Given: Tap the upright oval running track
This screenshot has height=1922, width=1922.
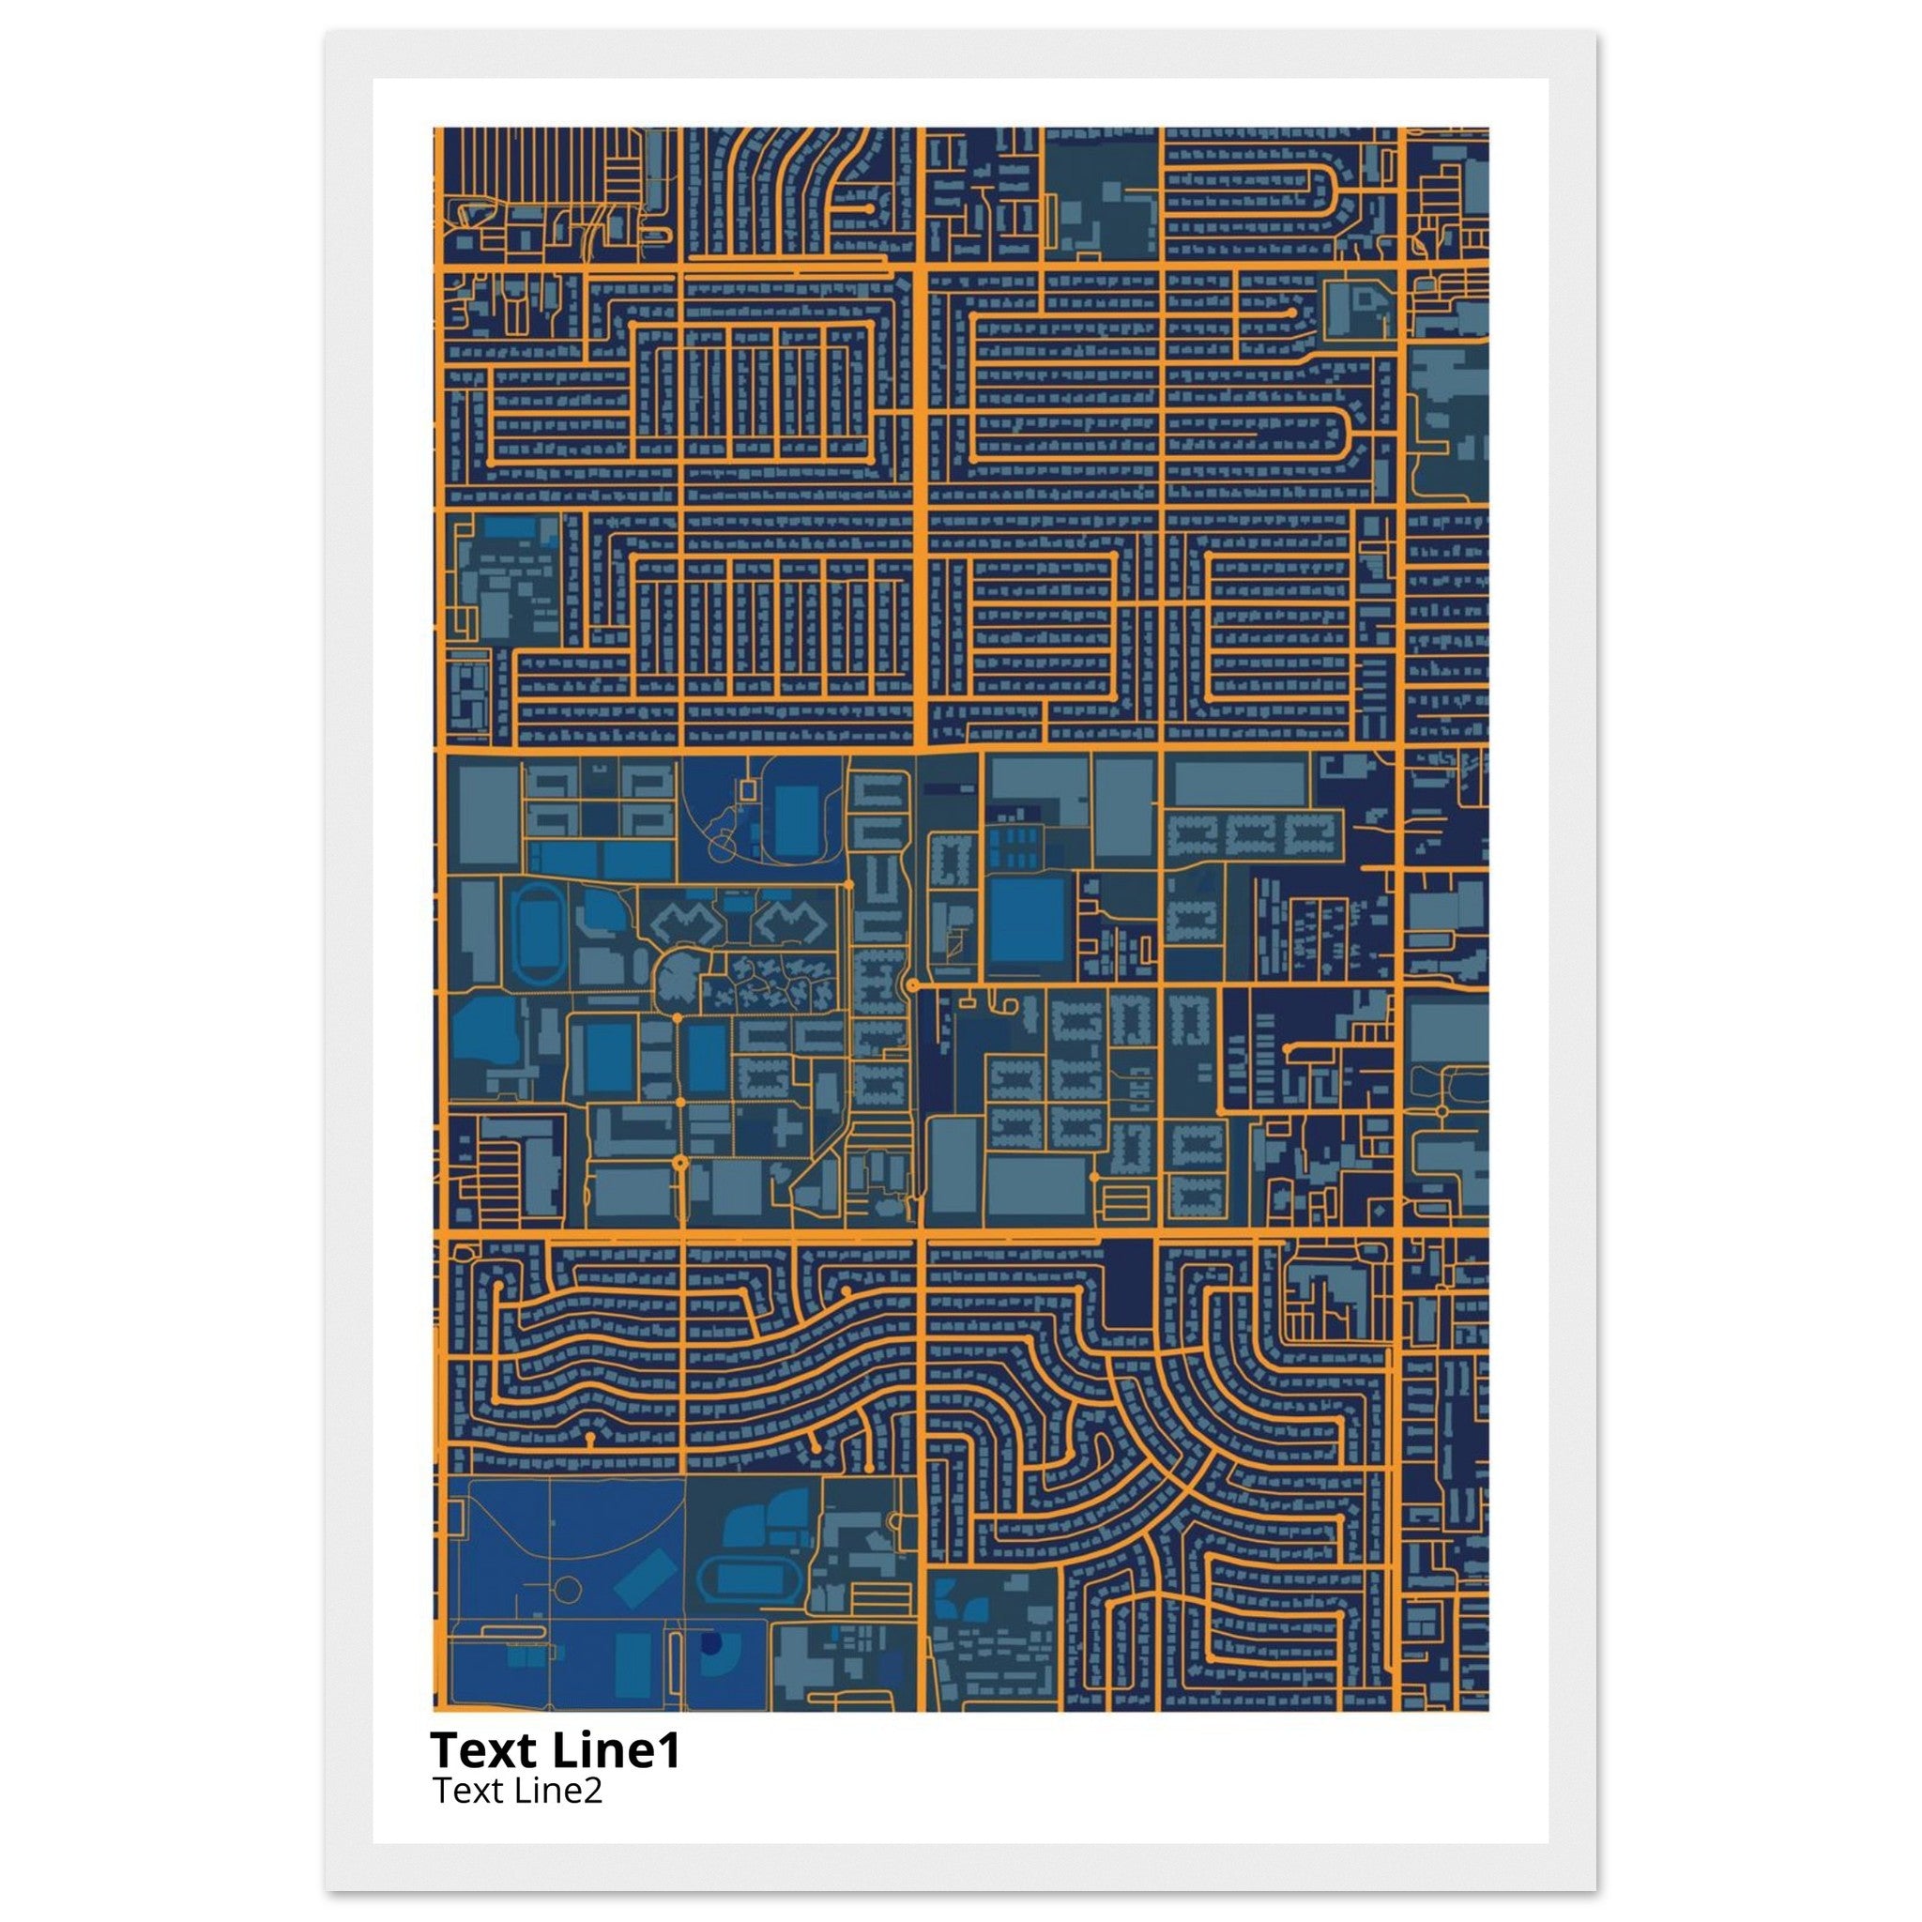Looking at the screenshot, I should point(535,932).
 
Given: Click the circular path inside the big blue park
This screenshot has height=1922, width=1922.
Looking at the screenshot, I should point(567,1590).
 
